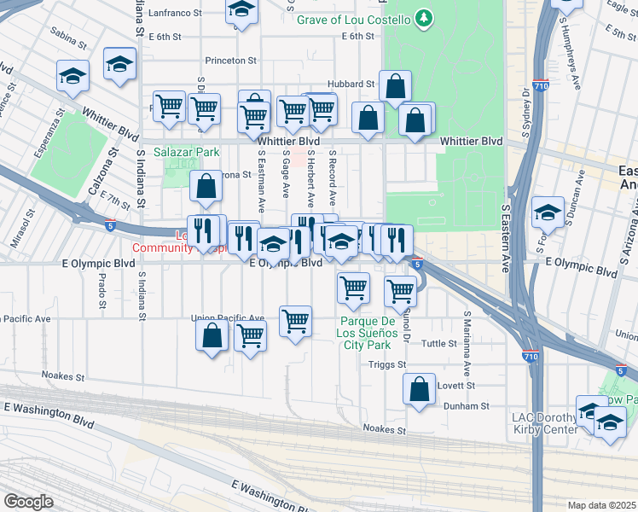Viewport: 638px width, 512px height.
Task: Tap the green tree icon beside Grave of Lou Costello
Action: coord(424,19)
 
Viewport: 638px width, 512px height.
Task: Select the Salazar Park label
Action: coord(187,152)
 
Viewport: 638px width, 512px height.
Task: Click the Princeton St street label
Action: coord(230,61)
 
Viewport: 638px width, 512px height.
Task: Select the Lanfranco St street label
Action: coord(175,14)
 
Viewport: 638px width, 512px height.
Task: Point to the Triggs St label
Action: coord(387,364)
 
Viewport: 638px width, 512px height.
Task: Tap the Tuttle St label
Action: coord(440,343)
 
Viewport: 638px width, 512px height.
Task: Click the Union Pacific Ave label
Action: coord(228,318)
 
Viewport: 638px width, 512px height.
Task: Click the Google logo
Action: coord(28,502)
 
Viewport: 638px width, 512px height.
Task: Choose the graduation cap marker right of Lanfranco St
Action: coord(242,10)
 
